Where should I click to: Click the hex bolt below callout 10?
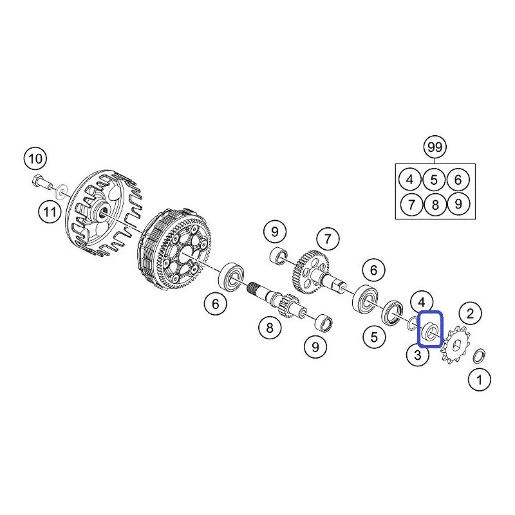pyautogui.click(x=40, y=182)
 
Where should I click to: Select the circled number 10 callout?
pyautogui.click(x=35, y=159)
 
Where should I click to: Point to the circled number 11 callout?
pyautogui.click(x=50, y=212)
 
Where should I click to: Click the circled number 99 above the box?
pyautogui.click(x=435, y=147)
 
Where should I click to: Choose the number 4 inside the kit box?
pyautogui.click(x=409, y=180)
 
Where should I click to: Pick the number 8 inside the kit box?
pyautogui.click(x=435, y=205)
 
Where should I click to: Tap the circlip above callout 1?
pyautogui.click(x=480, y=356)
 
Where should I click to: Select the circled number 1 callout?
pyautogui.click(x=479, y=380)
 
